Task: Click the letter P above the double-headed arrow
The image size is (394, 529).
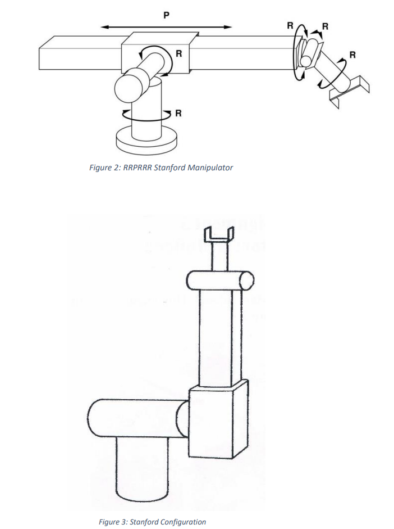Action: tap(166, 15)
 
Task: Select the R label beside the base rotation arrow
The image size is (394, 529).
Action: tap(178, 114)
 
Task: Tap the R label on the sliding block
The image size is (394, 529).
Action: tap(178, 54)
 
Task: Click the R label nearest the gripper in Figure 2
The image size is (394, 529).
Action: tap(352, 55)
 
